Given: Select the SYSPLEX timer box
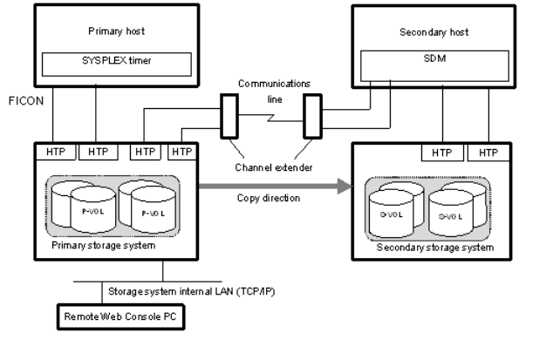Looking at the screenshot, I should click(115, 61).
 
